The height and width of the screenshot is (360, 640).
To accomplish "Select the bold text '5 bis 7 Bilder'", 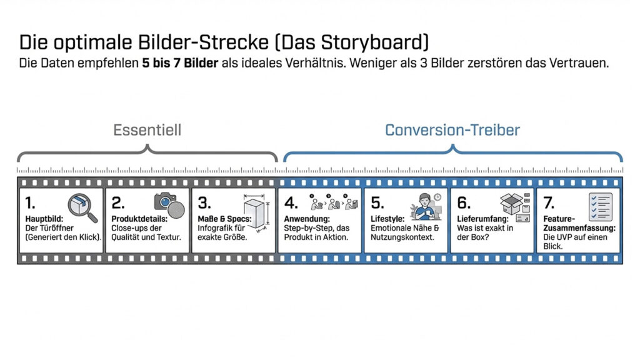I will point(181,63).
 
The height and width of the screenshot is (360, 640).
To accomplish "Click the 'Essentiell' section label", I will point(147,130).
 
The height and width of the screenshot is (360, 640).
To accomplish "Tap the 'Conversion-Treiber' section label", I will point(452,130).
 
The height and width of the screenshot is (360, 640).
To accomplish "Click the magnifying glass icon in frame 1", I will point(82,207).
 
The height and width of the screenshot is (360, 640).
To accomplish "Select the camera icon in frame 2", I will point(169,204).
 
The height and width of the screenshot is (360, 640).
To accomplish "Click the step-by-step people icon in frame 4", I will point(334,202).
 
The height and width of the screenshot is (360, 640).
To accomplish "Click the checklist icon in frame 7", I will point(600,206).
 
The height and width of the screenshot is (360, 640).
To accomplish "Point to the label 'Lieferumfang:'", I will point(482,219).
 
